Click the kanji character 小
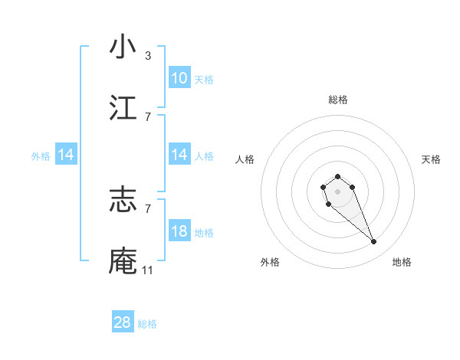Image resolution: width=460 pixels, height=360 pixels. [123, 47]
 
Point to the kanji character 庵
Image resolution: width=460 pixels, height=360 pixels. [123, 260]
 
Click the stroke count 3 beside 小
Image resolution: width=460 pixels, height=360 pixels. [148, 56]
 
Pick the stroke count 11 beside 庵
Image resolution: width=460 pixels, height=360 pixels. [148, 270]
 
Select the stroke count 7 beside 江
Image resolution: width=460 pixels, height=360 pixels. [148, 116]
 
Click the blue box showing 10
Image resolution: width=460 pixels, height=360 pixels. [179, 78]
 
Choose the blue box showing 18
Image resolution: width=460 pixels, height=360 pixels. [179, 231]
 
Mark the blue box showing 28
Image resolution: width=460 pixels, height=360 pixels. [123, 322]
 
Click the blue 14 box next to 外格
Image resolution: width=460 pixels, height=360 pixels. [66, 155]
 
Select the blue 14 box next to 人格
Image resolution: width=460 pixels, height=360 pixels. [179, 155]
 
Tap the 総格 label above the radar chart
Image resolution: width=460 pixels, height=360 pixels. [338, 100]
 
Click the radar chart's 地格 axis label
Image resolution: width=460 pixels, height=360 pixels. [402, 262]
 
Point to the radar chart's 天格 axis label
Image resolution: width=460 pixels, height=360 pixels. [431, 159]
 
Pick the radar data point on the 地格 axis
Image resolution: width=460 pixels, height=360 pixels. [374, 242]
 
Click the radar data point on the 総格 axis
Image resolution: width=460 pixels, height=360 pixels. [338, 176]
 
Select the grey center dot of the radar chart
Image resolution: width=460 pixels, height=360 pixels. [338, 190]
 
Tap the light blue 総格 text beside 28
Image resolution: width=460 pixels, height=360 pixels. [148, 324]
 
